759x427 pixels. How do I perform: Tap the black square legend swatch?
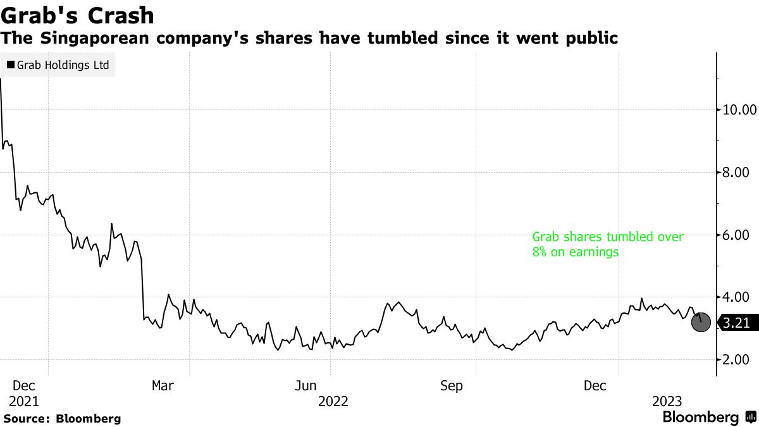click(x=11, y=65)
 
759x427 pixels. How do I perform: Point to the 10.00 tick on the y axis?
click(x=739, y=109)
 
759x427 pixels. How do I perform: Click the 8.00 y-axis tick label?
click(x=739, y=172)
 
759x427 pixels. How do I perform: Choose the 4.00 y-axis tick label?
click(x=739, y=297)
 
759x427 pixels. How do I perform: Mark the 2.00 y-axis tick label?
click(x=739, y=359)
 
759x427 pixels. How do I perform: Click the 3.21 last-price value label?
click(x=736, y=323)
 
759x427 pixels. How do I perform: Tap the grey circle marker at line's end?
click(x=701, y=322)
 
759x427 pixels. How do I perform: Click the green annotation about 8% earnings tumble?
click(x=607, y=244)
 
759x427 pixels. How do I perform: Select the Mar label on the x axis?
click(x=163, y=386)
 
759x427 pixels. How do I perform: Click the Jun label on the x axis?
click(x=307, y=386)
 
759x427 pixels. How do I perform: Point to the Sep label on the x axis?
click(x=451, y=386)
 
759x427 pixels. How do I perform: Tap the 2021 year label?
click(x=25, y=401)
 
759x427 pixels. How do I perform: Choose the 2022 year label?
click(x=333, y=401)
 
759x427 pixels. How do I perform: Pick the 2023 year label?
click(x=667, y=401)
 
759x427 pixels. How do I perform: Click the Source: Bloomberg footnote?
click(x=62, y=418)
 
